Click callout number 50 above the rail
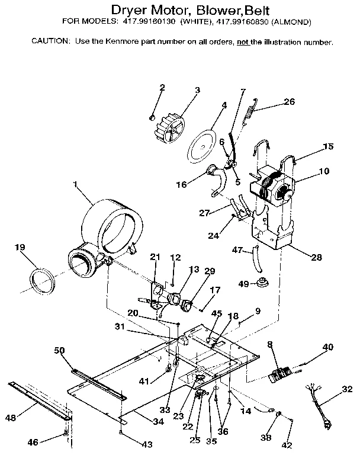(60, 350)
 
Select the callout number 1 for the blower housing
(76, 185)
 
